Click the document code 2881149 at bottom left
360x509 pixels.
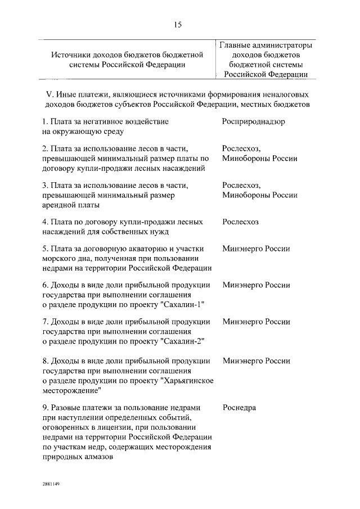tap(49, 484)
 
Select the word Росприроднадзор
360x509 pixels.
tap(253, 121)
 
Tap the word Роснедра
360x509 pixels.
tap(239, 408)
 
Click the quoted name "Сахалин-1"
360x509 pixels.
tap(182, 304)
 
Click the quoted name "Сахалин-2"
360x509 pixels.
tap(182, 341)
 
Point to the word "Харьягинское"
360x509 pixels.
tap(187, 380)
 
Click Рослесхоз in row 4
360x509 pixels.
tap(241, 222)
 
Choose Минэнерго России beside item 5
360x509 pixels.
tap(256, 249)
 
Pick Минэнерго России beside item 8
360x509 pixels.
tap(256, 361)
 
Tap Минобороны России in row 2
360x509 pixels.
tap(259, 159)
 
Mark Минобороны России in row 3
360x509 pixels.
tap(259, 195)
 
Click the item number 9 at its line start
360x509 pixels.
tap(44, 408)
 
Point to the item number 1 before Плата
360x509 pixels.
tap(44, 121)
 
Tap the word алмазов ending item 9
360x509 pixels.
tap(100, 457)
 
